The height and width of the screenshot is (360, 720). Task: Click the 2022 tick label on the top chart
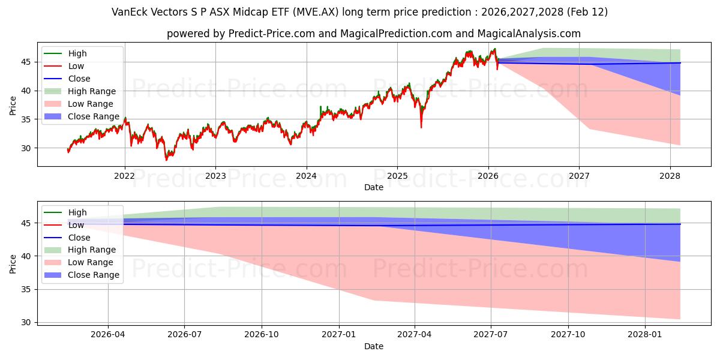[125, 176]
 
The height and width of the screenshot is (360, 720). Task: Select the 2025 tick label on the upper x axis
[397, 176]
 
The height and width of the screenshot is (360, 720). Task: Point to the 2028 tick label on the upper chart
[670, 176]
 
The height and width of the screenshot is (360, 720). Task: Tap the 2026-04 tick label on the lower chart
[108, 335]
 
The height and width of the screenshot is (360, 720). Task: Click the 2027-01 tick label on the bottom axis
[339, 335]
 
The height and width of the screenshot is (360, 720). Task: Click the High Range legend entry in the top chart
[92, 91]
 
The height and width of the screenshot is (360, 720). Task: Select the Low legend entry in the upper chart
[76, 66]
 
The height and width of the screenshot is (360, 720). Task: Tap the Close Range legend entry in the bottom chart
[93, 275]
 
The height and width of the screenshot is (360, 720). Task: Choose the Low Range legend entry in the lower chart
[91, 262]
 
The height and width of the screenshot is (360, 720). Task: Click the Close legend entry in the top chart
[79, 79]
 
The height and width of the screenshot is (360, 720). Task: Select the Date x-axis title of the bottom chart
[374, 346]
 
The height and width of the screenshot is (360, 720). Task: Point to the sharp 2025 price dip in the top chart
[421, 127]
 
